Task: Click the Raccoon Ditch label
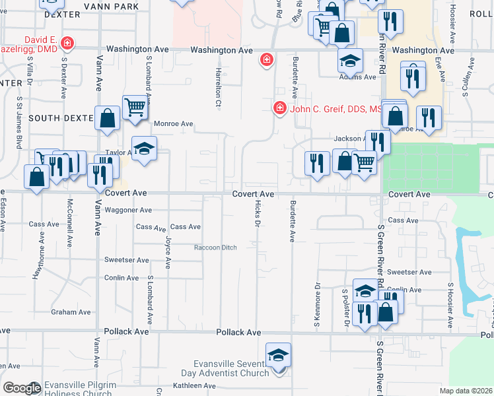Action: pos(215,247)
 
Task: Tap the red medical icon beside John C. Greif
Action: pos(279,108)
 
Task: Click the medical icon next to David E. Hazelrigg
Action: pos(67,44)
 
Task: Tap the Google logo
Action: pos(22,388)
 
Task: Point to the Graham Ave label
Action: pos(71,312)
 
